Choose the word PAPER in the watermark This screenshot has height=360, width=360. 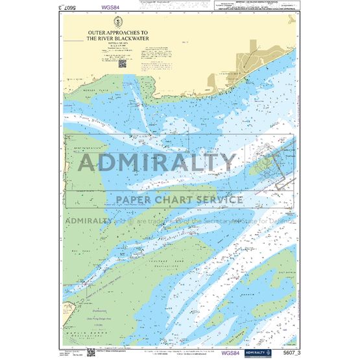pos(134,199)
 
